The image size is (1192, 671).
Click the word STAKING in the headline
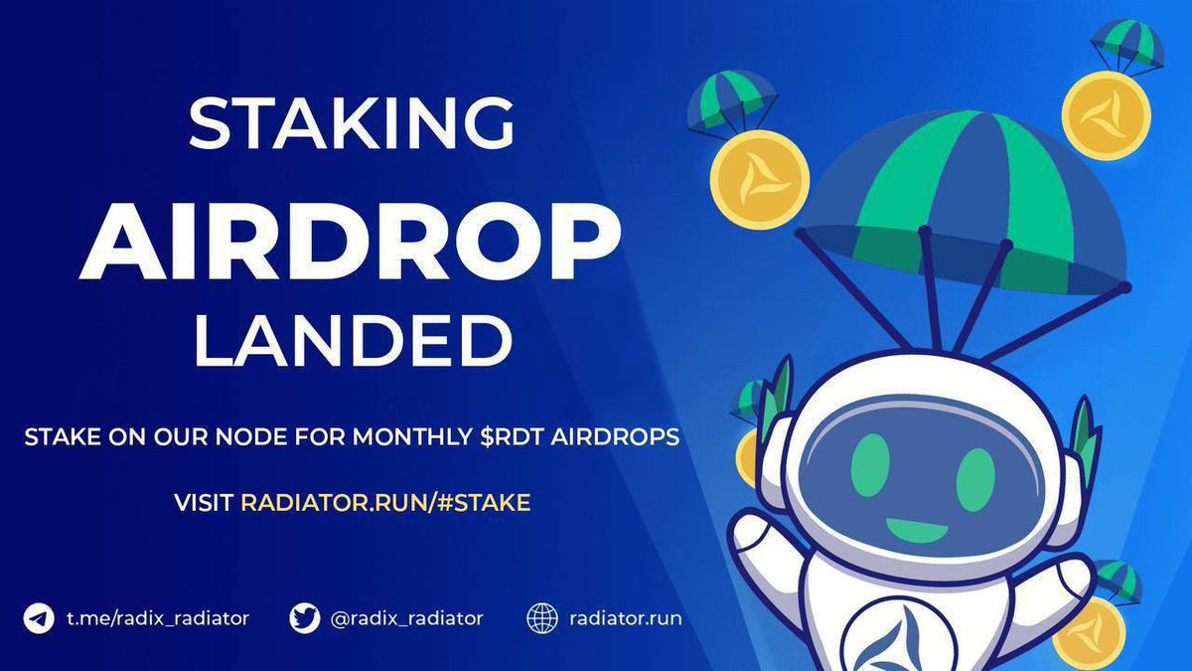click(352, 125)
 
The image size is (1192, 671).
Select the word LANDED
click(352, 342)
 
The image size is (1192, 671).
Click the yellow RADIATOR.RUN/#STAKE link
click(385, 502)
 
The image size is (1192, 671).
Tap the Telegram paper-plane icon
click(39, 618)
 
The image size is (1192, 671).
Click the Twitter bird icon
click(305, 618)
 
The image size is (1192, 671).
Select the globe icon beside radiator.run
click(542, 618)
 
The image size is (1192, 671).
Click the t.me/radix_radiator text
click(158, 618)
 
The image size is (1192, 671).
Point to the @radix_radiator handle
click(405, 618)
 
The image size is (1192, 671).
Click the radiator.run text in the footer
click(626, 618)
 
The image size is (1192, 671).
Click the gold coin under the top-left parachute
click(760, 180)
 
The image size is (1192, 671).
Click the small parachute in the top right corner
click(1126, 44)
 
